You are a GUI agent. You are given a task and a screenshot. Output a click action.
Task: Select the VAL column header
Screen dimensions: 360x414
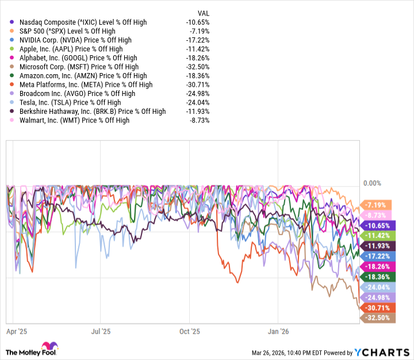[x=203, y=12]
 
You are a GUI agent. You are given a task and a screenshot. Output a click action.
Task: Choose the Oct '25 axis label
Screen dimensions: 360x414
[x=189, y=331]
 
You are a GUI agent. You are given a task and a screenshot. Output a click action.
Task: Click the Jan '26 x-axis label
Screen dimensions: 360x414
[x=278, y=331]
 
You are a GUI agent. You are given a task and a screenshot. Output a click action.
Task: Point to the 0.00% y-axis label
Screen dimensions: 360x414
[x=372, y=183]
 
